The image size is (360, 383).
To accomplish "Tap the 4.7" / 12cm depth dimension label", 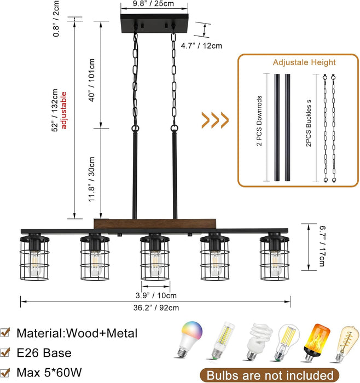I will click(201, 45).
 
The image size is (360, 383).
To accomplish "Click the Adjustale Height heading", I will click(304, 63).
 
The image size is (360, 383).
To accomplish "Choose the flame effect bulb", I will click(317, 341).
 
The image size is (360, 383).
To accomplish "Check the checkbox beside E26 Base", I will click(6, 353).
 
